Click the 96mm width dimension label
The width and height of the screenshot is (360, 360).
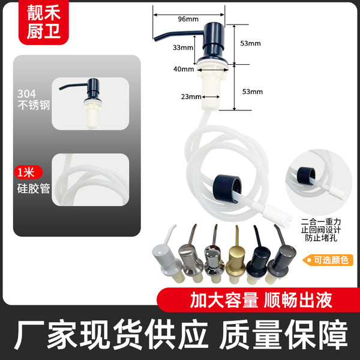[188, 19]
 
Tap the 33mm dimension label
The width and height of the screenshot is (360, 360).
[183, 47]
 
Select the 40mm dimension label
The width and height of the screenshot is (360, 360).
[184, 69]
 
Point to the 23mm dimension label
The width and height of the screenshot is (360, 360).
[191, 97]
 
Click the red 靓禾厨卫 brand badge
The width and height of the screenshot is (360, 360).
[44, 22]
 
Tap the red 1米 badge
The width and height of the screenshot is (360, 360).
[28, 172]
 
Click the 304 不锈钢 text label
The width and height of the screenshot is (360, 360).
[34, 100]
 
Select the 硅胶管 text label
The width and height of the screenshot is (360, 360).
[34, 189]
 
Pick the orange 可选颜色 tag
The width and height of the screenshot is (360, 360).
[328, 260]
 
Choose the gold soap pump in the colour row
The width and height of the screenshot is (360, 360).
[236, 255]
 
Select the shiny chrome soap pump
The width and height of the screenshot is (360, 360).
[214, 255]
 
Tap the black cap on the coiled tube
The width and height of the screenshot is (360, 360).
[227, 188]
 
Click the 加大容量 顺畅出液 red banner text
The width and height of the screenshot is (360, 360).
[261, 300]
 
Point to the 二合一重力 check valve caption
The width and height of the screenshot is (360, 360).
[321, 230]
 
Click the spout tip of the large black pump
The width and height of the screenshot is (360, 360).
[155, 40]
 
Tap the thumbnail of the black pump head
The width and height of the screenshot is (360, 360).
[90, 104]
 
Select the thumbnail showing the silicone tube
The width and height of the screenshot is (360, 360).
[90, 180]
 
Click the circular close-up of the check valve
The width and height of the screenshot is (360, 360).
[319, 182]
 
